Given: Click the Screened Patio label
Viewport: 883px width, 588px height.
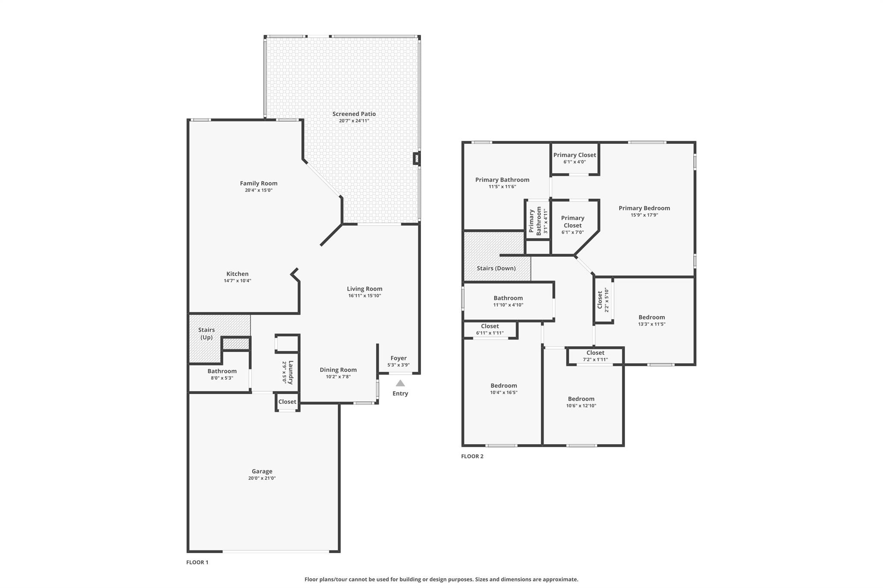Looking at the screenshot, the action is pyautogui.click(x=354, y=114).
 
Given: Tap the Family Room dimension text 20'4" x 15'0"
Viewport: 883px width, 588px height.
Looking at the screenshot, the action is pyautogui.click(x=259, y=190).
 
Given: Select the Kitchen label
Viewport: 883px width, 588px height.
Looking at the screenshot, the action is pyautogui.click(x=238, y=274).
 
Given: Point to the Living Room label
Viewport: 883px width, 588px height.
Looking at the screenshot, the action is pyautogui.click(x=365, y=289).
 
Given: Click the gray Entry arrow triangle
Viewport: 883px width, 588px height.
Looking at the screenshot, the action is pyautogui.click(x=401, y=383).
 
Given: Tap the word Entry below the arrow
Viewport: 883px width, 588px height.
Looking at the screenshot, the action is pyautogui.click(x=400, y=393).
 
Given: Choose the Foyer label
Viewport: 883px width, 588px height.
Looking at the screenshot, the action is pyautogui.click(x=398, y=358).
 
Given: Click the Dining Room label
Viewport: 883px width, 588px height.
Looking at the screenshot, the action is pyautogui.click(x=338, y=370).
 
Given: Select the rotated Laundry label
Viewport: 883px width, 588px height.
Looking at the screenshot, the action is pyautogui.click(x=291, y=372).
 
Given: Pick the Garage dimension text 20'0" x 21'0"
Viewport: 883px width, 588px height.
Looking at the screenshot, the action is pyautogui.click(x=262, y=478).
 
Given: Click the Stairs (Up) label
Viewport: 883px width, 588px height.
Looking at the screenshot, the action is pyautogui.click(x=207, y=333).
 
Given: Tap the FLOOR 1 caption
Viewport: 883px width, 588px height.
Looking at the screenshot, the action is pyautogui.click(x=197, y=562).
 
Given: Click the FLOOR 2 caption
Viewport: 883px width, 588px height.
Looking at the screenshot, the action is pyautogui.click(x=473, y=456).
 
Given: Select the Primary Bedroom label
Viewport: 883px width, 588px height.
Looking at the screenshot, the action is pyautogui.click(x=645, y=208).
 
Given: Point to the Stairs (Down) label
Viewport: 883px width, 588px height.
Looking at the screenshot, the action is pyautogui.click(x=496, y=268).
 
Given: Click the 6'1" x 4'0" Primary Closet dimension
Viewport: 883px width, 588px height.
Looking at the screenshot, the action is pyautogui.click(x=575, y=162).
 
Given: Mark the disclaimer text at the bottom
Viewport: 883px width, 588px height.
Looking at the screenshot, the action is pyautogui.click(x=441, y=579).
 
